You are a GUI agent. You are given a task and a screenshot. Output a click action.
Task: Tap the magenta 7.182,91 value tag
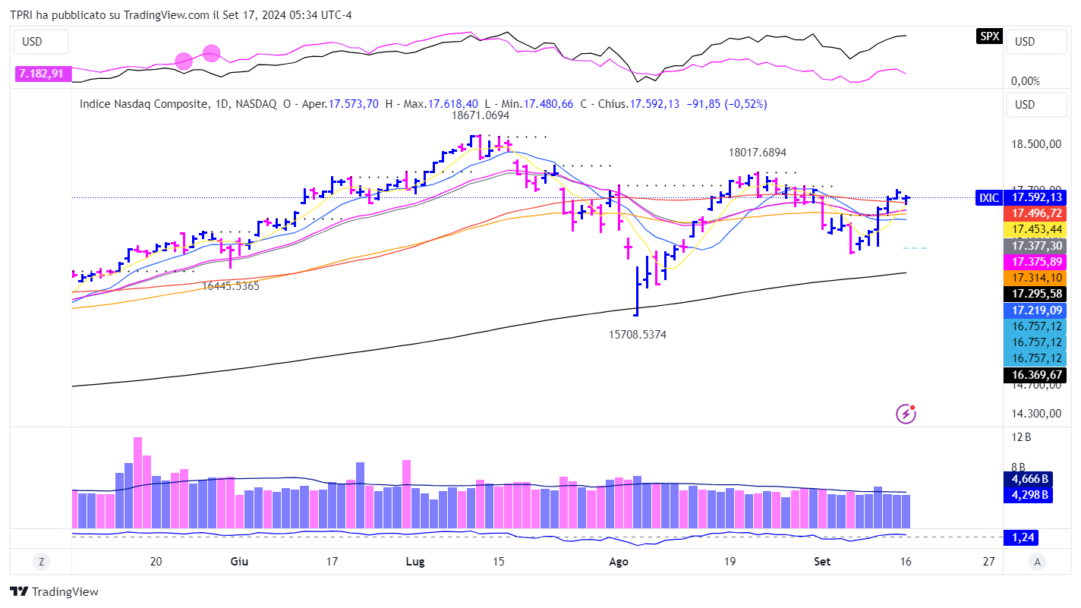tap(41, 74)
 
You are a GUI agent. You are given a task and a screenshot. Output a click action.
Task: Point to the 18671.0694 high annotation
tap(480, 116)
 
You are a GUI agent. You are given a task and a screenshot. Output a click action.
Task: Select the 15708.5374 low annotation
tap(638, 334)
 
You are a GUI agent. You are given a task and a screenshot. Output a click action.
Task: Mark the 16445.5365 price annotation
tap(231, 286)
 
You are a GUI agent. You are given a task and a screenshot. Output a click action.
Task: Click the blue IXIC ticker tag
tap(989, 198)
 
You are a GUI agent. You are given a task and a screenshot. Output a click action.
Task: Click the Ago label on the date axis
tap(619, 562)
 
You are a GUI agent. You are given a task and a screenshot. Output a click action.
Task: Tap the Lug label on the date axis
tap(415, 562)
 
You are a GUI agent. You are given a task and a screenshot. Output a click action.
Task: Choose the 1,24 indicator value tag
tap(1020, 537)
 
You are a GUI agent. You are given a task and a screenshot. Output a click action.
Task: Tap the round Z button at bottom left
tap(41, 562)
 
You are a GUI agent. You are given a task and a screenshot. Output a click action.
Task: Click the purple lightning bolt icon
tap(906, 414)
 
